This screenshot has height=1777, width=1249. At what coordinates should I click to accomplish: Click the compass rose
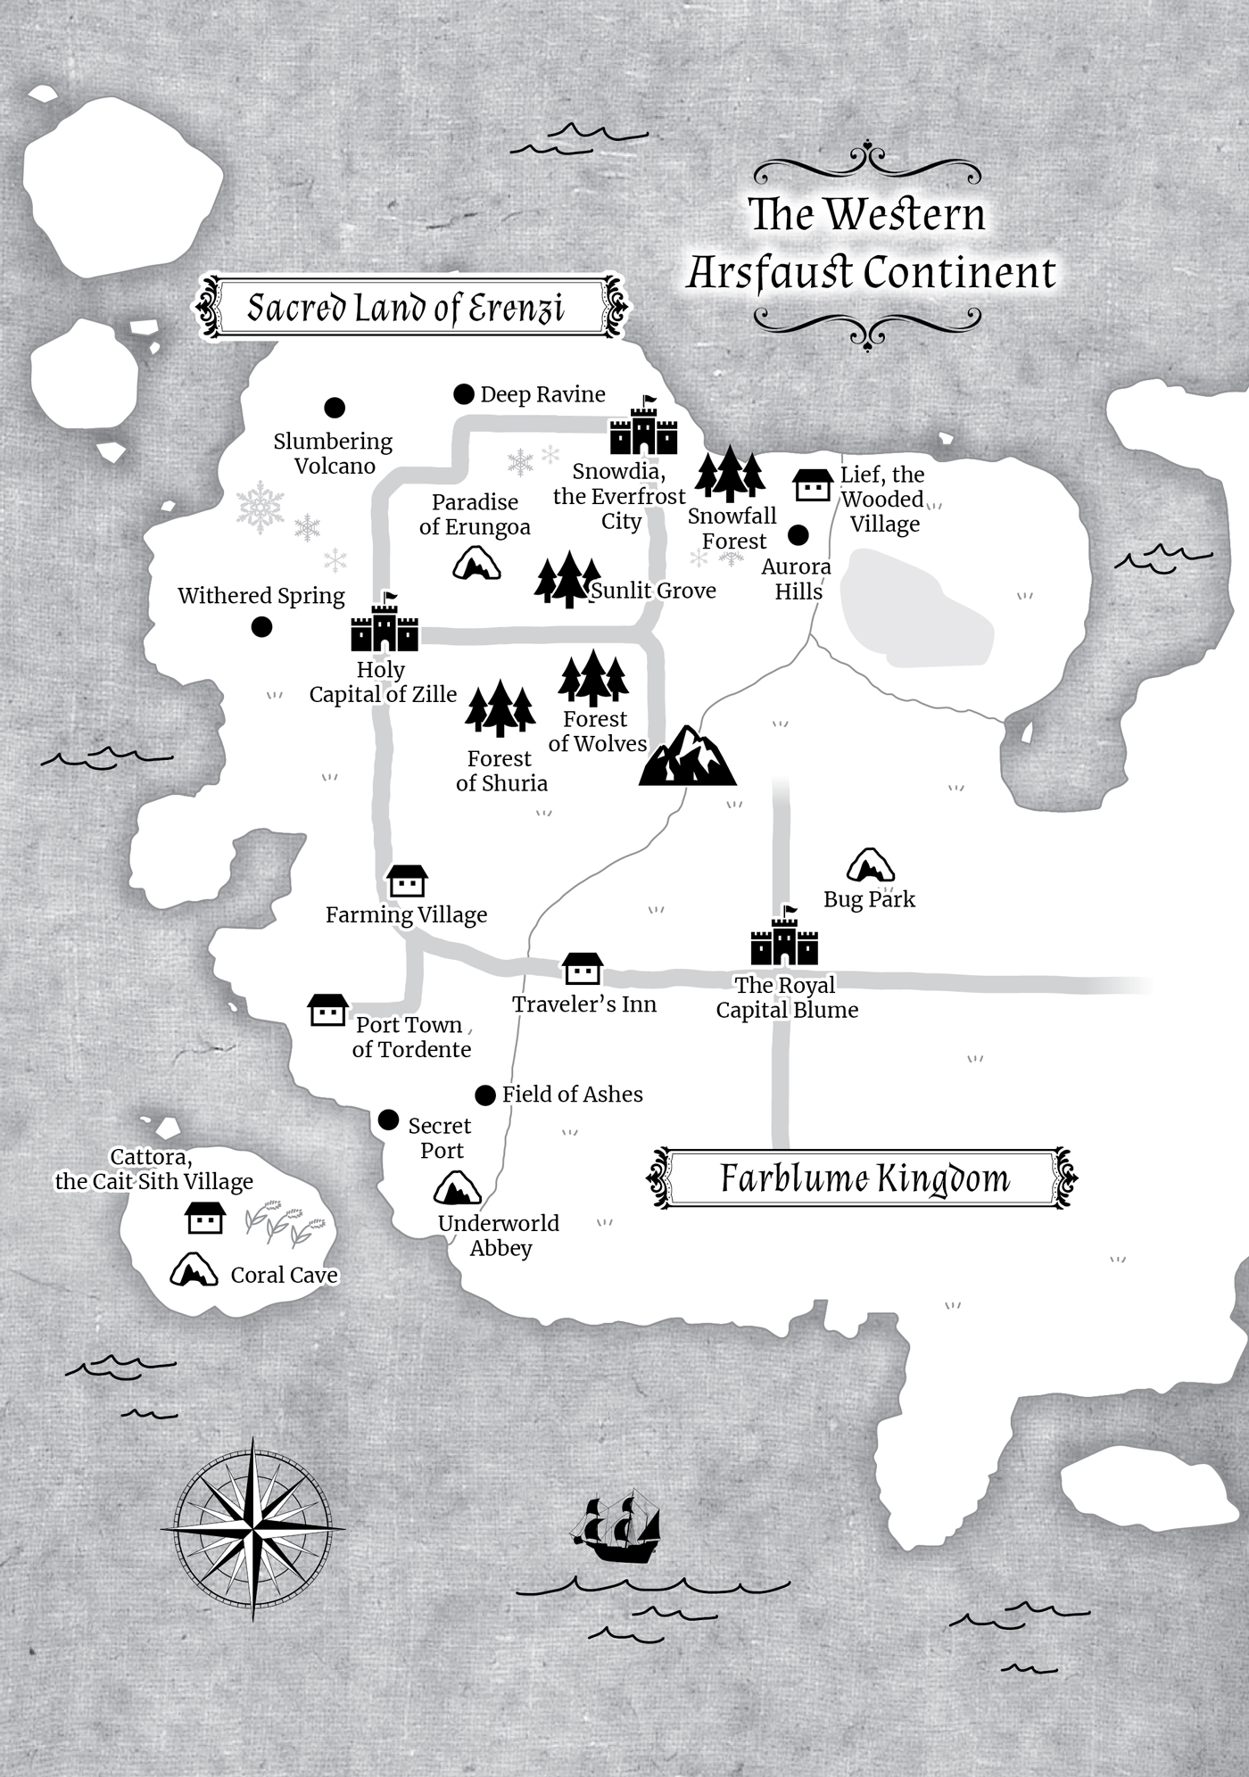click(x=253, y=1528)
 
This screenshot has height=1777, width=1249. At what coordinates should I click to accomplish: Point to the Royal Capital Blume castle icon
click(x=784, y=940)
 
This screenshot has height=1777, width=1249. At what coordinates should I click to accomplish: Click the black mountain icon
click(x=687, y=757)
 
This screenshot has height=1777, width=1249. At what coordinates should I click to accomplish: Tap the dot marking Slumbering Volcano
click(x=335, y=408)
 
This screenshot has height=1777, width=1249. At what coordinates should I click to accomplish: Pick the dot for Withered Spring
click(x=261, y=627)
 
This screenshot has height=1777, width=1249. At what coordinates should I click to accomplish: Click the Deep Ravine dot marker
click(x=463, y=394)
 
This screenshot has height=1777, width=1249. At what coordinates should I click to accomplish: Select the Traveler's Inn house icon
click(x=583, y=969)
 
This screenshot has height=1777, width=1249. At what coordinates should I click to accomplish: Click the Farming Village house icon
click(x=407, y=881)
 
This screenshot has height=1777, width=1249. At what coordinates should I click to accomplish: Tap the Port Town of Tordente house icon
click(x=327, y=1011)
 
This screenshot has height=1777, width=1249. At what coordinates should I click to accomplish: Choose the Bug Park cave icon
click(x=870, y=865)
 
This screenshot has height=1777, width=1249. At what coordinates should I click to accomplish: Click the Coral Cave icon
click(x=194, y=1270)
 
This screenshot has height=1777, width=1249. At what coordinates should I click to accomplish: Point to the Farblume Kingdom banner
click(x=863, y=1178)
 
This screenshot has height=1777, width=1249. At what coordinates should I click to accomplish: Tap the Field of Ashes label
click(x=572, y=1095)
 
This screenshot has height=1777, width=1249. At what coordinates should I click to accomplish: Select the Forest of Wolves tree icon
click(x=593, y=679)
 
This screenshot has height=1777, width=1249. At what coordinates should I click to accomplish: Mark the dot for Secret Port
click(x=388, y=1120)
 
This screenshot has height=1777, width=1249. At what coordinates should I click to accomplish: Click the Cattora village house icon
click(x=204, y=1218)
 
